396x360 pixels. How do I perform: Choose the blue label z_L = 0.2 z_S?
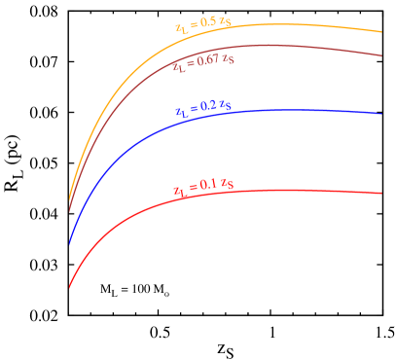[201, 108]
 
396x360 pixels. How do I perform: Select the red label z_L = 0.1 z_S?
[202, 186]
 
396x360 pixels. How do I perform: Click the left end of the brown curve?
[69, 211]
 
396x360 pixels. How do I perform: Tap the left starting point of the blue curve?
[69, 244]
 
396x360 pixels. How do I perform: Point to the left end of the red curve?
[69, 288]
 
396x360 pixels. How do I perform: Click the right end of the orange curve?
[382, 32]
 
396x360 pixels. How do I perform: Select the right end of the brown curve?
[382, 55]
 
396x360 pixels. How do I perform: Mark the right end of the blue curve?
[382, 114]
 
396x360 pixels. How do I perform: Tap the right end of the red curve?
[382, 193]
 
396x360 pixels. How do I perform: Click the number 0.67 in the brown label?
[207, 61]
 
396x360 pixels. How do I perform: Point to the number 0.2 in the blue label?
[207, 107]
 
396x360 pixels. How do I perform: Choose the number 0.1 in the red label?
[207, 185]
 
